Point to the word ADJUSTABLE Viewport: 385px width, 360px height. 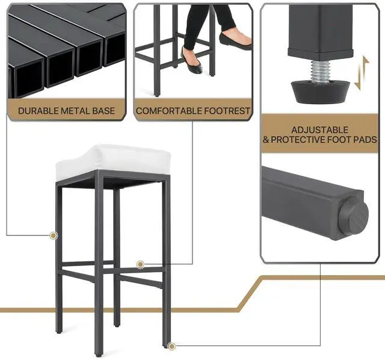[x=320, y=130]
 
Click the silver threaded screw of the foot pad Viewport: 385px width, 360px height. [x=320, y=71]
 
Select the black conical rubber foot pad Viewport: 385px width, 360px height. [x=320, y=91]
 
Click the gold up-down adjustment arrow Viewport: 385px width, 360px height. [x=362, y=73]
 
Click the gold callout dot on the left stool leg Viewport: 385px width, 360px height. [x=54, y=235]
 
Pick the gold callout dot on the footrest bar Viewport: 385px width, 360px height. [x=140, y=264]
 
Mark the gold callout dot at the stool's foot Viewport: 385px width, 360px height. [x=172, y=346]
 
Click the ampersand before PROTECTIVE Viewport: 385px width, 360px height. [x=266, y=140]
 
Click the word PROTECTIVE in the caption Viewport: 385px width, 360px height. [x=298, y=140]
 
